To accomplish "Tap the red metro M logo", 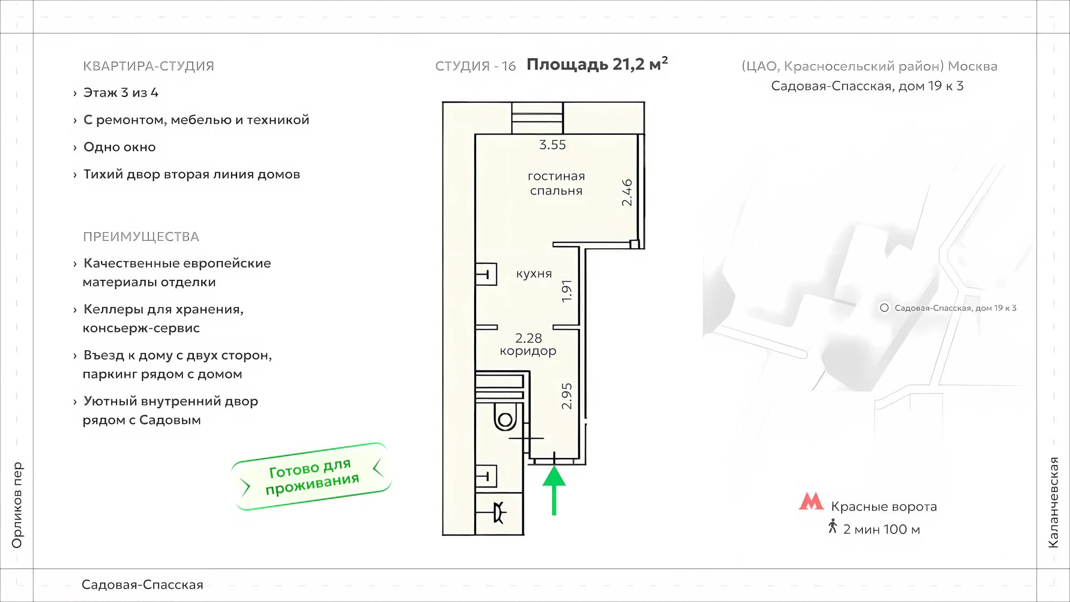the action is (811, 501).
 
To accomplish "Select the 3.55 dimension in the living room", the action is (552, 144).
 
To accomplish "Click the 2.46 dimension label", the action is (627, 193).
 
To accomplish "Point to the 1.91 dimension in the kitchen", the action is (567, 291).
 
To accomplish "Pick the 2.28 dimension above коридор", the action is (528, 338).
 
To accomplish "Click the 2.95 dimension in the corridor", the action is (567, 396).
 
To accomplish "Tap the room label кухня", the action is (534, 274).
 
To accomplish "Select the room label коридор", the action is (528, 352).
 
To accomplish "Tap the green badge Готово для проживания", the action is (312, 476).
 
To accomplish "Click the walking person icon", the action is (832, 527).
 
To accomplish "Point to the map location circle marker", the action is (884, 308).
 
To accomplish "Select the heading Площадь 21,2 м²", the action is (597, 64).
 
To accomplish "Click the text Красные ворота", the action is (884, 507).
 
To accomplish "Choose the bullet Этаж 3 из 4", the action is (121, 93).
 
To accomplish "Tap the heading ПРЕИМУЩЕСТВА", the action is (141, 237).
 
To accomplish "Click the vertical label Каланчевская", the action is (1053, 502).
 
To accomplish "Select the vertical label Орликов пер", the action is (17, 505).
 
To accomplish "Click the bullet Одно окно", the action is (119, 147).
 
